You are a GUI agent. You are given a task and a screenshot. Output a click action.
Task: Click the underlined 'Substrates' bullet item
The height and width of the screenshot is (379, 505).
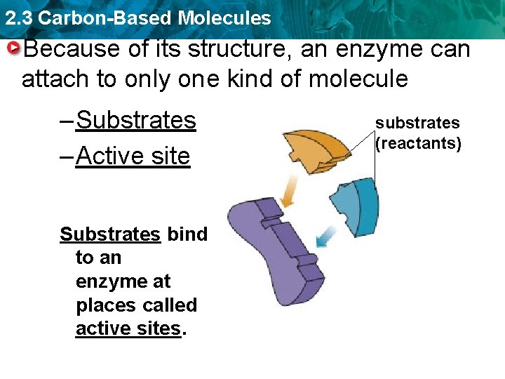135,120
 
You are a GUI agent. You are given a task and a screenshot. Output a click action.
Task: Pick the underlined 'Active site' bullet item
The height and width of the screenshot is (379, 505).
133,156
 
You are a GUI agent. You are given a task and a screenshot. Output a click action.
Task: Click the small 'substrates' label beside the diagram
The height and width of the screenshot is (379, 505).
417,123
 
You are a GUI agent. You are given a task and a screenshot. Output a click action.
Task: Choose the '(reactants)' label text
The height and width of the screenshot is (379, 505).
418,145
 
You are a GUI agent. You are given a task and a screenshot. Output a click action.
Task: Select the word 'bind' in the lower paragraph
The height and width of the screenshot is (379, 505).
187,234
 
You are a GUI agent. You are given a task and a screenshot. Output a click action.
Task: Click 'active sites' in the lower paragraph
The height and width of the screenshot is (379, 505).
128,328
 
